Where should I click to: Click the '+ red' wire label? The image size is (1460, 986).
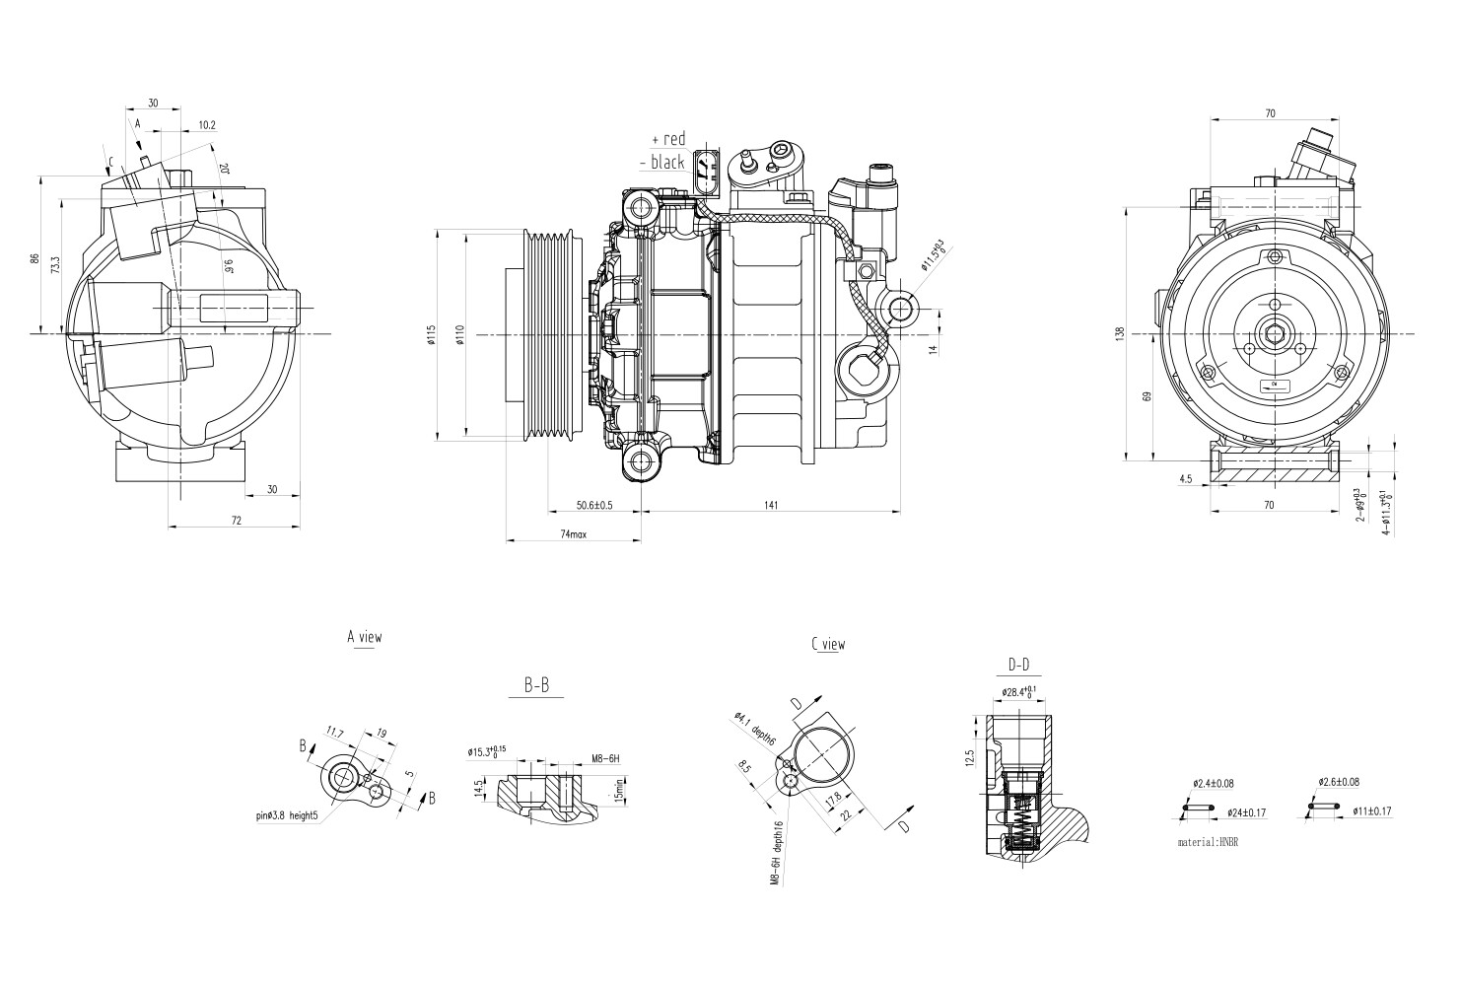click(x=668, y=139)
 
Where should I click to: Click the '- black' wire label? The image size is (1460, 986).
click(x=662, y=162)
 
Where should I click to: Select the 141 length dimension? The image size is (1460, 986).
click(x=770, y=505)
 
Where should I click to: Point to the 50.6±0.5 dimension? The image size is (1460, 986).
click(x=594, y=505)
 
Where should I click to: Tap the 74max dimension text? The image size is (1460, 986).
click(x=574, y=533)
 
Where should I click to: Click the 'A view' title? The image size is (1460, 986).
click(x=364, y=637)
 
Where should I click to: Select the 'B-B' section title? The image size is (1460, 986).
click(x=536, y=685)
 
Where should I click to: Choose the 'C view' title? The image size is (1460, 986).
click(x=828, y=644)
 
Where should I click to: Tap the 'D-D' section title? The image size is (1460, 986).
click(x=1018, y=664)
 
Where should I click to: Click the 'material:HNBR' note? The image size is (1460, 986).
click(x=1207, y=843)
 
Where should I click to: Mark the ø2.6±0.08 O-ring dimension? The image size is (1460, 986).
click(x=1339, y=782)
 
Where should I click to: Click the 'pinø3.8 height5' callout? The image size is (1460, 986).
click(x=287, y=815)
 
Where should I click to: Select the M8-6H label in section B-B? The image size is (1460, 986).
click(x=604, y=758)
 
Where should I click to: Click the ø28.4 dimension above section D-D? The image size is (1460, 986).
click(x=1018, y=691)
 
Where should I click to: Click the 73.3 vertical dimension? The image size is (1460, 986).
click(x=55, y=266)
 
